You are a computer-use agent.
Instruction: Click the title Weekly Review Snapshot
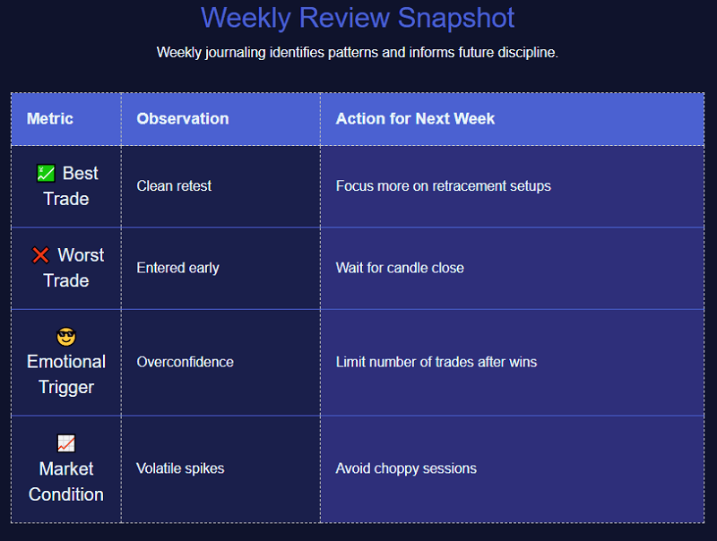(358, 18)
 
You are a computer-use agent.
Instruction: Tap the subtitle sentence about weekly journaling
(357, 52)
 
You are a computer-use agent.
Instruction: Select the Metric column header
(50, 118)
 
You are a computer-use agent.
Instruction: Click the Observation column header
(182, 118)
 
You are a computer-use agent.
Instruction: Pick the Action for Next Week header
(415, 118)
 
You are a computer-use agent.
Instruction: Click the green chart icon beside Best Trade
(46, 174)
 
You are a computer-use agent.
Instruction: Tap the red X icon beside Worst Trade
(40, 255)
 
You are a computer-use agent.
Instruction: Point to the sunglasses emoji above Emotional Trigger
(66, 337)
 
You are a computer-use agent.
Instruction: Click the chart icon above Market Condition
(66, 443)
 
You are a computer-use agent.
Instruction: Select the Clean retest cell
(174, 186)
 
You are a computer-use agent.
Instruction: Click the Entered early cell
(177, 268)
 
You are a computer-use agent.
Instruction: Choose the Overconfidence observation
(185, 362)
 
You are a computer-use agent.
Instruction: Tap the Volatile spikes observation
(180, 468)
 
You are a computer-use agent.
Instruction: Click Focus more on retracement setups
(443, 186)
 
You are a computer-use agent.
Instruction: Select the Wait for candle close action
(400, 268)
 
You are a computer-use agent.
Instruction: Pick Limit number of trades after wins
(436, 362)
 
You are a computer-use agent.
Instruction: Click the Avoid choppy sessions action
(406, 468)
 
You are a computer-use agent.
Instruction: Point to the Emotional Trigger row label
(66, 374)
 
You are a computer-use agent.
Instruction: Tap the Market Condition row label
(66, 481)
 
